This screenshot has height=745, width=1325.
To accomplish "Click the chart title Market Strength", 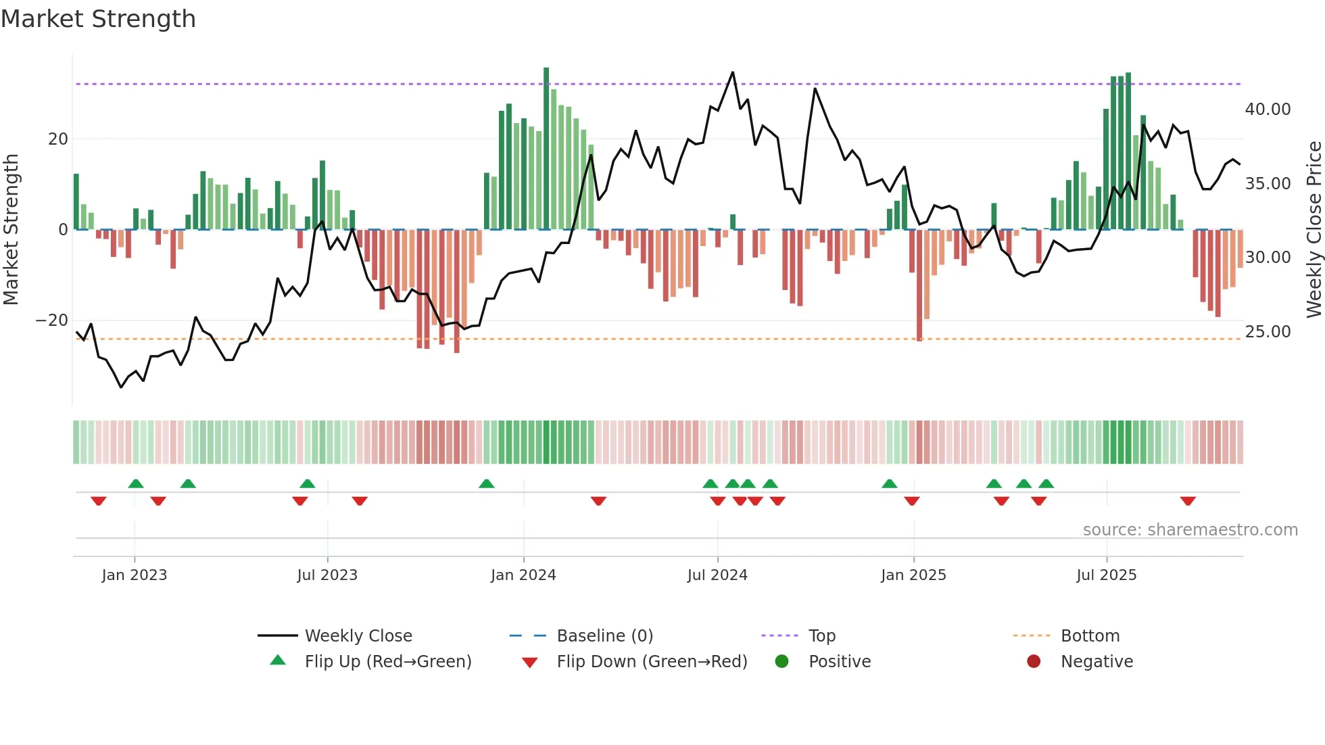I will coord(98,19).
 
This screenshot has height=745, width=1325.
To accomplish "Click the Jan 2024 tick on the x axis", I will coord(523,575).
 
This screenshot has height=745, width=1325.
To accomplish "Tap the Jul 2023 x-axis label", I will coord(327,575).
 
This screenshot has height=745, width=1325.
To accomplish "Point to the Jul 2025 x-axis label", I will coord(1107,575).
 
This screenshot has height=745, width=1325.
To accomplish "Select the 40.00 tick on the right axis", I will coord(1268,110).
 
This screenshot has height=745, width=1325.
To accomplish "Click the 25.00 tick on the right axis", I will coord(1268,332).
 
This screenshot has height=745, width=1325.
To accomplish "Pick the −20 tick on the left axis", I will coord(51,320).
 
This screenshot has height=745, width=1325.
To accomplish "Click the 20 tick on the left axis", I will coord(58,139).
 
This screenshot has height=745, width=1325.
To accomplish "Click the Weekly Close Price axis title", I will coord(1314,230).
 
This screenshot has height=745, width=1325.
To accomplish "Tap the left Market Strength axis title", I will coord(11,230).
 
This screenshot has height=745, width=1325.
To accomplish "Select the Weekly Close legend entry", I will coord(358,636).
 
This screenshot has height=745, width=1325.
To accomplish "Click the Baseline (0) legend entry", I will coord(604,636).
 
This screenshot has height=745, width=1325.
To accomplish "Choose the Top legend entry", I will coord(821,636).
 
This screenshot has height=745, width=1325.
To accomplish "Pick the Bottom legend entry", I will coord(1090,636).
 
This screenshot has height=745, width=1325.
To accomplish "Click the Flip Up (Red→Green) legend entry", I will coord(387,662).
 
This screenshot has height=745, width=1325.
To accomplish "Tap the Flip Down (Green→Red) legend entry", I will coord(652,662).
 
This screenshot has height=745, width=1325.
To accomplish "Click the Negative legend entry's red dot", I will coord(1034,662).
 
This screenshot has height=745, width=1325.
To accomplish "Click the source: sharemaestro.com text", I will coord(1190,530).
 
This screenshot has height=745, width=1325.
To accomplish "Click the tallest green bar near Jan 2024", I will coord(546,149).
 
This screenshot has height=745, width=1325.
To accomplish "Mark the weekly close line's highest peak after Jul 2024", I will coord(733,72).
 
